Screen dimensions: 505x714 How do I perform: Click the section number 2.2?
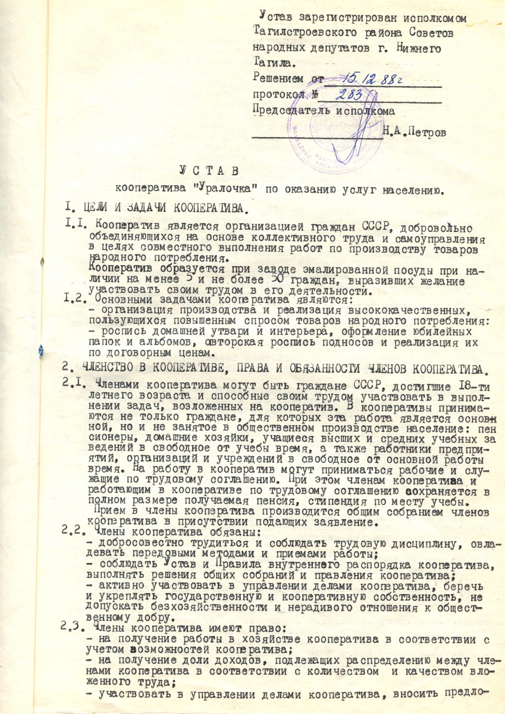(x=74, y=532)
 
